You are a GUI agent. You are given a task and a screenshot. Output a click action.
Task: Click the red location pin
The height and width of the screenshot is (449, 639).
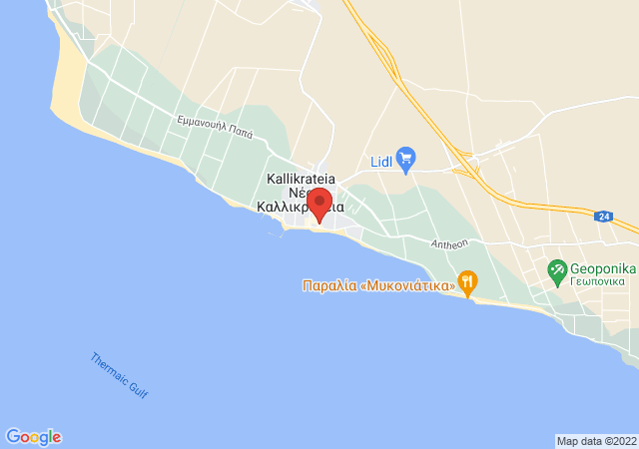point(319,203)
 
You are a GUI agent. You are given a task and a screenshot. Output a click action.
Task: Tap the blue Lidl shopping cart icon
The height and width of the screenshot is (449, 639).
point(405,158)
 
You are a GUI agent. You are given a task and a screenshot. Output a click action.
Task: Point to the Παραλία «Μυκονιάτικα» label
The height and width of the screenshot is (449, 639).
point(378,286)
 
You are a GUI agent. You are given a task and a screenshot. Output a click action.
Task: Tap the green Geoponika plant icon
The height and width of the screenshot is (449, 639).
point(556,268)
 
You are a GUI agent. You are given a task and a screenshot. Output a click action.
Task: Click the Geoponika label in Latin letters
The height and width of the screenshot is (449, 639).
point(603,268)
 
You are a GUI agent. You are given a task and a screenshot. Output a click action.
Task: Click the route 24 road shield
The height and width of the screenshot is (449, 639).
point(602,216)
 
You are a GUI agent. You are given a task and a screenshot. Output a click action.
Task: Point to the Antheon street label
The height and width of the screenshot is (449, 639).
point(449,242)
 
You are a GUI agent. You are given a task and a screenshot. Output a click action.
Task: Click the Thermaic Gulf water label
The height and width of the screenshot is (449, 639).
point(119,376)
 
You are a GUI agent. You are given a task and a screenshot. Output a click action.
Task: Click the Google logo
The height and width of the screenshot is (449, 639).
point(33,437)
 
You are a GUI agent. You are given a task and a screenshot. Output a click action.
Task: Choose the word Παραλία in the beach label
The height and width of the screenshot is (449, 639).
point(325,286)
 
